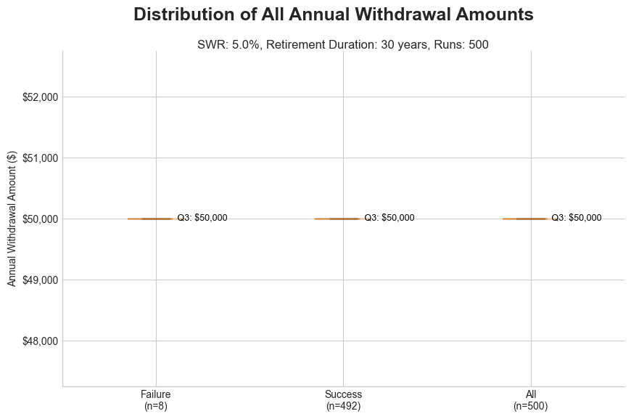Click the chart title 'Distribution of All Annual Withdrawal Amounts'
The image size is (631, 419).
334,15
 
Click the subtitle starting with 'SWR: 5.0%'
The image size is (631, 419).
342,44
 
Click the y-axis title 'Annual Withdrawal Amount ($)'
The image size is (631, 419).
12,219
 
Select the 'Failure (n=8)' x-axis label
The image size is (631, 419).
156,400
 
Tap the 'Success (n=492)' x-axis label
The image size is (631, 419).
343,400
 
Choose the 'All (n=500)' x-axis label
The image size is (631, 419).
531,400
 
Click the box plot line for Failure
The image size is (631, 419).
150,219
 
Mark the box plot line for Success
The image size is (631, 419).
337,219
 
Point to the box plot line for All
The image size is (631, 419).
525,219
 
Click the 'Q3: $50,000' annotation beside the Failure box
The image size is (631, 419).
202,218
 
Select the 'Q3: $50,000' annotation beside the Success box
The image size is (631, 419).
389,218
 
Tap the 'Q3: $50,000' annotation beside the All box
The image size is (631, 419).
577,218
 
